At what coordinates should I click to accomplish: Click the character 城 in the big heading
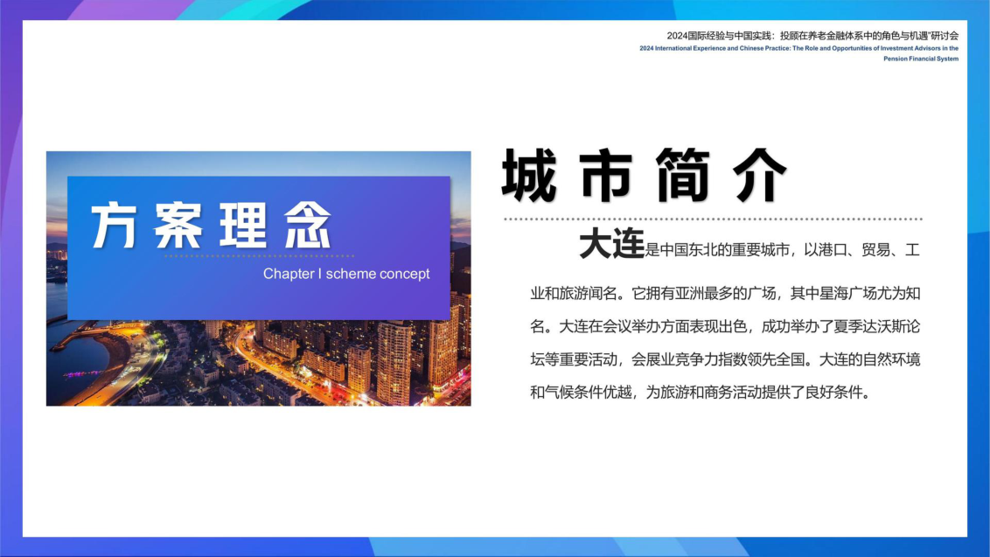pyautogui.click(x=529, y=175)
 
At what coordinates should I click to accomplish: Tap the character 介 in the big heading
pyautogui.click(x=760, y=175)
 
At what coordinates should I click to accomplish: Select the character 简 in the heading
pyautogui.click(x=683, y=175)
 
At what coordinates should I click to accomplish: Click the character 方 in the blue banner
pyautogui.click(x=115, y=225)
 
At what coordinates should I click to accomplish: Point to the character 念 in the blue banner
pyautogui.click(x=308, y=225)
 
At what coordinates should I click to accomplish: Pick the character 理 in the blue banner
pyautogui.click(x=244, y=225)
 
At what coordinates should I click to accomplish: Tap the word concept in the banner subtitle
pyautogui.click(x=404, y=274)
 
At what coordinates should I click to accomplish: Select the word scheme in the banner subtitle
pyautogui.click(x=351, y=274)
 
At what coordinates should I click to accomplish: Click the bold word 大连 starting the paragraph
pyautogui.click(x=612, y=244)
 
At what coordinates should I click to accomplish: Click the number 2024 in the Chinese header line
pyautogui.click(x=677, y=36)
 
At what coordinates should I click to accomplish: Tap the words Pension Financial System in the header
pyautogui.click(x=921, y=59)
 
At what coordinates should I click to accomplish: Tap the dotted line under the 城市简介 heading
pyautogui.click(x=714, y=219)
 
